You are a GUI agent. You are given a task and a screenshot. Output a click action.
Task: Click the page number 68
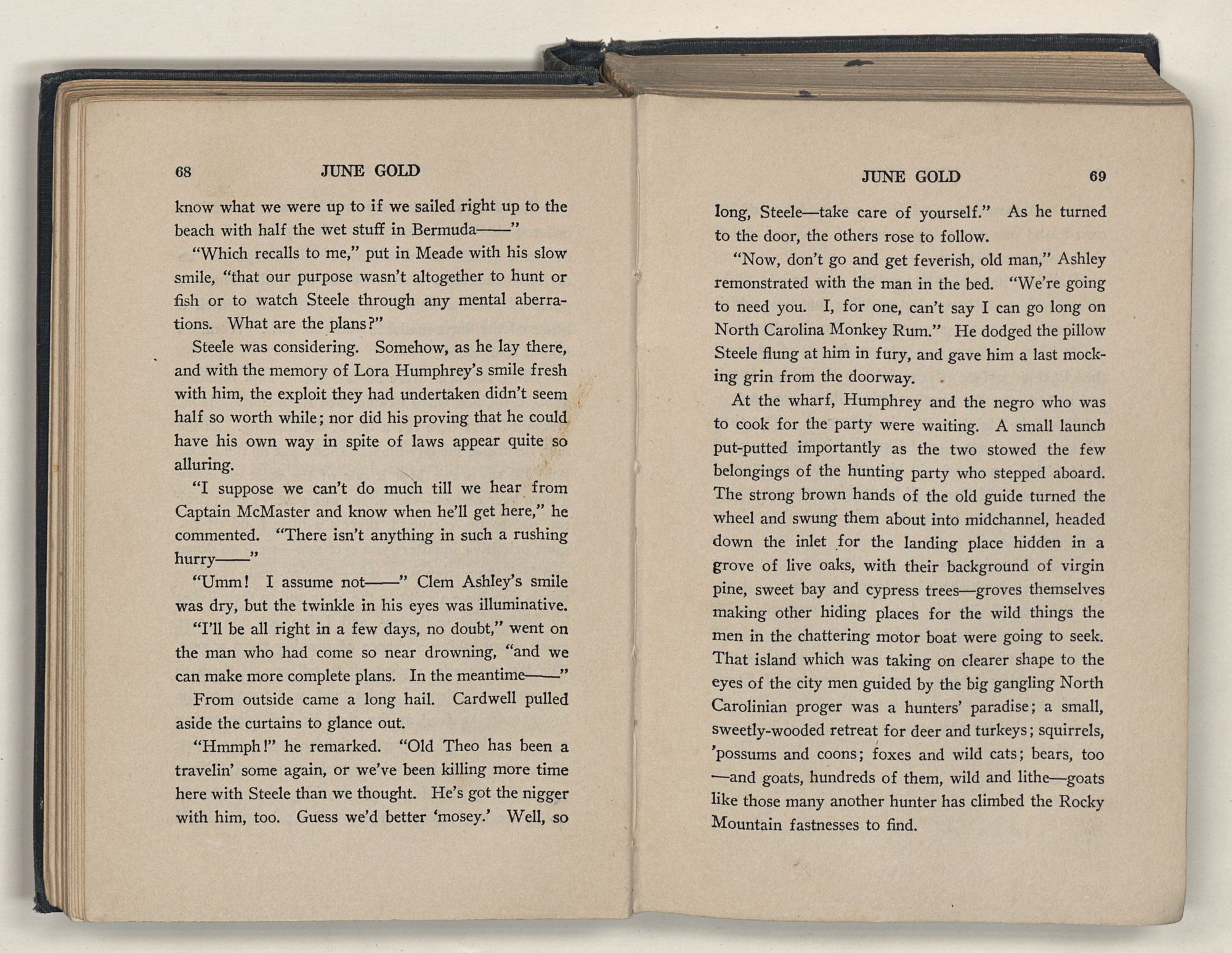pos(183,172)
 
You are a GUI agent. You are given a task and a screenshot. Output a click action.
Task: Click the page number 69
pos(1097,177)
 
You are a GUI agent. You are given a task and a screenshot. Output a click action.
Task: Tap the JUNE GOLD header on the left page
pos(370,171)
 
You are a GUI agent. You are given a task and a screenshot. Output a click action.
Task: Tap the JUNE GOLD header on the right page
pos(910,177)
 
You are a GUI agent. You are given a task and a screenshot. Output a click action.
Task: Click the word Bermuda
pos(444,230)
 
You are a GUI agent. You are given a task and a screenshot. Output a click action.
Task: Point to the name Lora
pos(373,371)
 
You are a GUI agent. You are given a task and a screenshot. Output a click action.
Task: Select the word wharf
pos(808,401)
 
